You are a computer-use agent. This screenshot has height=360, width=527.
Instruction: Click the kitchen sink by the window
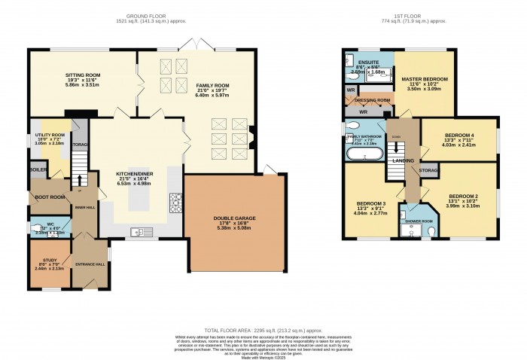(139, 231)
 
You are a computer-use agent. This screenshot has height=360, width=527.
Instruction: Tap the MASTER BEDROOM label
(425, 79)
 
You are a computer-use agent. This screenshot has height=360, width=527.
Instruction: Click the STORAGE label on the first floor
(429, 171)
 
